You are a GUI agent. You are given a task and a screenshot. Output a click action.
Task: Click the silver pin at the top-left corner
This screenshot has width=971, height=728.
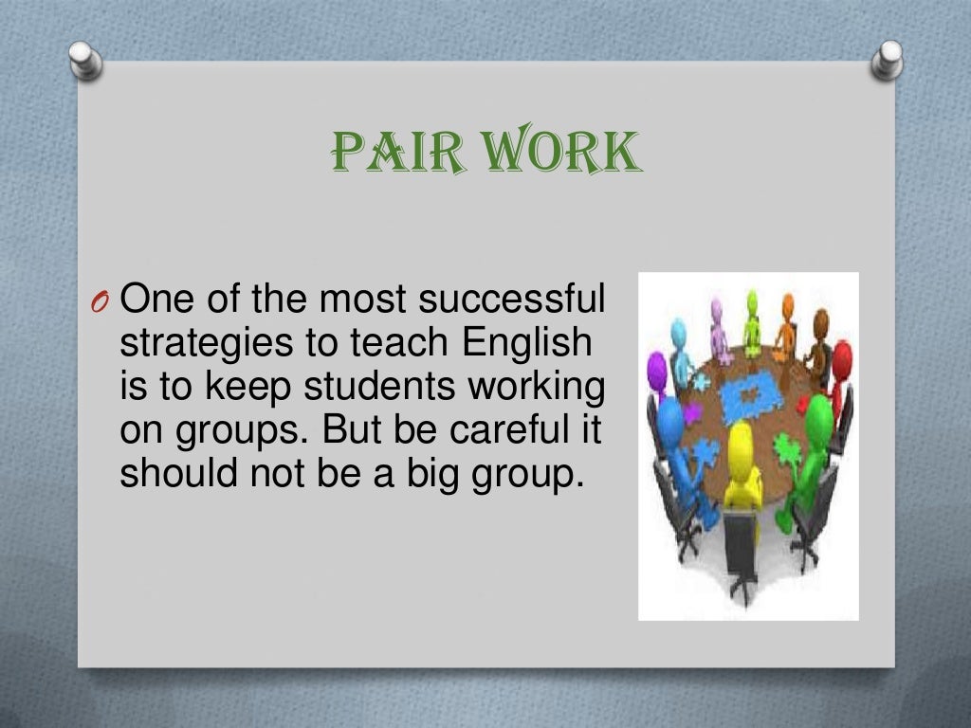pyautogui.click(x=84, y=62)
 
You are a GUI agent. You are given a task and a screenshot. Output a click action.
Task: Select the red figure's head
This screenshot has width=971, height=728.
pyautogui.click(x=840, y=359)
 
